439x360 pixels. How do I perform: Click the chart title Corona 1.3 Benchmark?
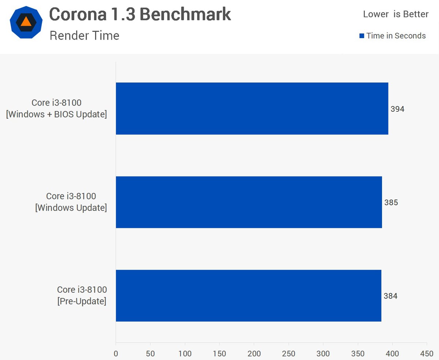pyautogui.click(x=140, y=15)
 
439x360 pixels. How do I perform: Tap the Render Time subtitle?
pyautogui.click(x=84, y=36)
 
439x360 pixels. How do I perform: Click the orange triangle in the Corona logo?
pyautogui.click(x=26, y=21)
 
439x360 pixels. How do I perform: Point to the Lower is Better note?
pyautogui.click(x=395, y=14)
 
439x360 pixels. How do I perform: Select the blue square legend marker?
pyautogui.click(x=362, y=36)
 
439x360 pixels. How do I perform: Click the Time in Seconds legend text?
pyautogui.click(x=396, y=36)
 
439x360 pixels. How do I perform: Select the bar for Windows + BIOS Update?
pyautogui.click(x=252, y=108)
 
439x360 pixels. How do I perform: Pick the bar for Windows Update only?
pyautogui.click(x=249, y=202)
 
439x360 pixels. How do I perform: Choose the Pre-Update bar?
pyautogui.click(x=248, y=296)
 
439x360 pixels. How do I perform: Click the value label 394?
pyautogui.click(x=397, y=109)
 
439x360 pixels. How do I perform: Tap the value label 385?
pyautogui.click(x=391, y=203)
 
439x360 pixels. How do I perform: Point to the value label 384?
pyautogui.click(x=390, y=296)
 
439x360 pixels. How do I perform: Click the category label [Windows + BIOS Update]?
pyautogui.click(x=56, y=114)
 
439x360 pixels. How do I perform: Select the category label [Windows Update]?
pyautogui.click(x=71, y=208)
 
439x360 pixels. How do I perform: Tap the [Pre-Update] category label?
pyautogui.click(x=82, y=301)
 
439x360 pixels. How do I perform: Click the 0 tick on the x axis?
pyautogui.click(x=116, y=353)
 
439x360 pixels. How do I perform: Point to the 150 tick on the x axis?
pyautogui.click(x=219, y=353)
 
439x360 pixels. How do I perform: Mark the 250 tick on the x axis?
pyautogui.click(x=289, y=353)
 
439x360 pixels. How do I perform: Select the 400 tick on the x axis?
pyautogui.click(x=392, y=353)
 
